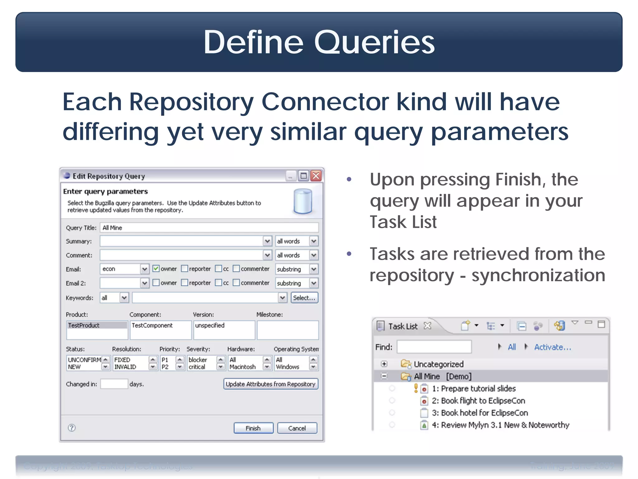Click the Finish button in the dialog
pos(253,428)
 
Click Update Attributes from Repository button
pos(270,384)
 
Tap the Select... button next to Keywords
pos(304,298)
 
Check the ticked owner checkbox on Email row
pos(156,269)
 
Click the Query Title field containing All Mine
pos(209,228)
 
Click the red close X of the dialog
pos(316,176)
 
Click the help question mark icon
pos(72,428)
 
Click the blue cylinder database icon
pos(302,201)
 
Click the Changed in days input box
pos(114,384)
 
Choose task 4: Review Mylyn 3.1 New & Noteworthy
pos(500,425)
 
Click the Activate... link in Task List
pos(552,347)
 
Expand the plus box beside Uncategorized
pos(384,364)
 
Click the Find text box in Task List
pos(434,347)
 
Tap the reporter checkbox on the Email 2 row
pos(185,283)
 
